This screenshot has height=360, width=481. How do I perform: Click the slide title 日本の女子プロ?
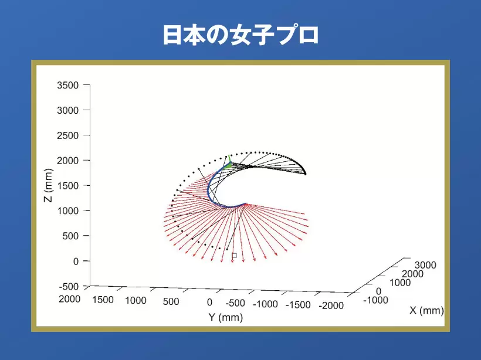(240, 35)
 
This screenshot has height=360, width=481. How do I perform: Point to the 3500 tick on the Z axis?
(68, 85)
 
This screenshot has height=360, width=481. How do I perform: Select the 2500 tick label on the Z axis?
(68, 135)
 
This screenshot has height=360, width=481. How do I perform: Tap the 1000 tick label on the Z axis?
(68, 210)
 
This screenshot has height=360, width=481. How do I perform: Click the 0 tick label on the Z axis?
(76, 261)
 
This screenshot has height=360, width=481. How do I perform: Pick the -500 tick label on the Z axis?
(69, 286)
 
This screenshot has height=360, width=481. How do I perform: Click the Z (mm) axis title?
(49, 185)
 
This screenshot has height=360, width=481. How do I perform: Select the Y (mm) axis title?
(225, 317)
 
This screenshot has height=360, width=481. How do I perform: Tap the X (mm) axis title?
(426, 310)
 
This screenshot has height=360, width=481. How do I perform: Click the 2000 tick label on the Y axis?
(70, 299)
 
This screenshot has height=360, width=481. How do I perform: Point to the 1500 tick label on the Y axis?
(103, 300)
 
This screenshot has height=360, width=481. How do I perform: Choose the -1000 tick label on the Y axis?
(265, 304)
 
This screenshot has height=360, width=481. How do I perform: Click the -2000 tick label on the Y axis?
(331, 305)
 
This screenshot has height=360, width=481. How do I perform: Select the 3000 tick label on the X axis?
(425, 265)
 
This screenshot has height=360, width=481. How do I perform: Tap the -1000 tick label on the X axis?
(375, 300)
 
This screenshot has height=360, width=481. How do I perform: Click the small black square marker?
(234, 256)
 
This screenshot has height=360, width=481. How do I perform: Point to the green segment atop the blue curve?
(229, 162)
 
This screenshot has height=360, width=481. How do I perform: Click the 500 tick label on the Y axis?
(171, 301)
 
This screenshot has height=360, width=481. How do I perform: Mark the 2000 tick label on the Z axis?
(68, 161)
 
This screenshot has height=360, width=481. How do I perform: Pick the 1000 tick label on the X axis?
(400, 283)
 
